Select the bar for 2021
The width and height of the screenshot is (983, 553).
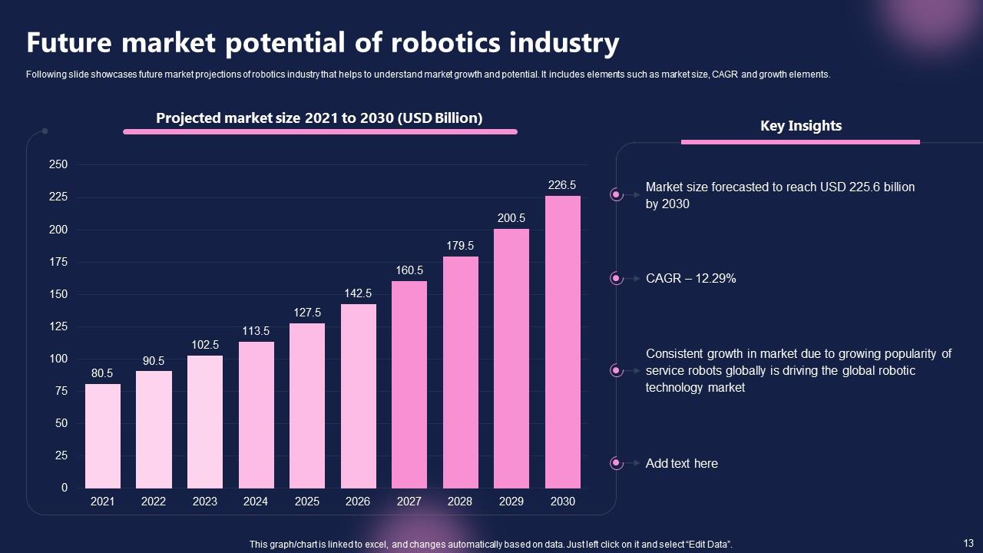coord(103,435)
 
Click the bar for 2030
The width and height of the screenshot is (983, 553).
coord(562,342)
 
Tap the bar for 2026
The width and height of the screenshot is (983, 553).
coord(358,396)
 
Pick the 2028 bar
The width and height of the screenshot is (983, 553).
coord(461,372)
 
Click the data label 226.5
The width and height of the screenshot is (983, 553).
coord(562,185)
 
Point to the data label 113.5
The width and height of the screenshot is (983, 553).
coord(256,331)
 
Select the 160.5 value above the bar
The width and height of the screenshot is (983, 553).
coord(409,270)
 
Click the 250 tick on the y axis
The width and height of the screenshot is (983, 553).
coord(58,165)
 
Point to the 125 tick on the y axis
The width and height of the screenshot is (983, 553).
coord(58,327)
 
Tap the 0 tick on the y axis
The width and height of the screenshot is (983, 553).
coord(65,488)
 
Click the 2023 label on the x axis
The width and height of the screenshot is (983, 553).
coord(205,502)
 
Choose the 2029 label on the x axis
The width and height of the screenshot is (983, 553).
coord(511,502)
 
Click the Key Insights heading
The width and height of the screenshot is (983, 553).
coord(801,126)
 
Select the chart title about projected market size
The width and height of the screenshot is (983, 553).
coord(319,118)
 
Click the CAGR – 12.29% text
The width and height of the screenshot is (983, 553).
coord(690,279)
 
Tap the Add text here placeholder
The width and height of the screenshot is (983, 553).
coord(681,464)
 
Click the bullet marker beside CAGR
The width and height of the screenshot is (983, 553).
coord(616,279)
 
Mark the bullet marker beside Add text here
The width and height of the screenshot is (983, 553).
coord(616,463)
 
